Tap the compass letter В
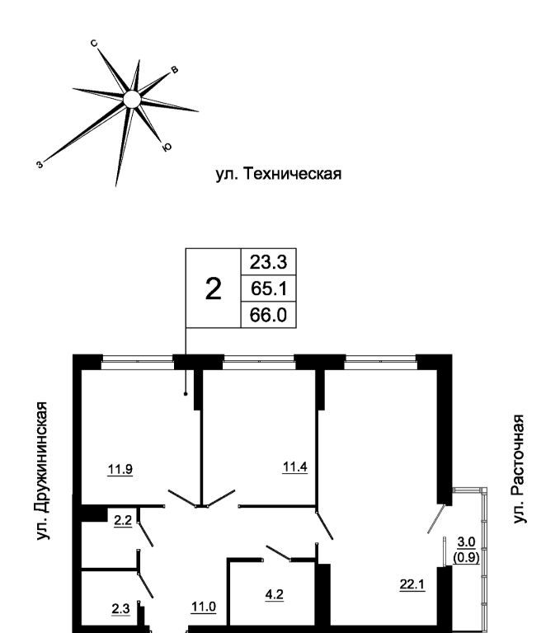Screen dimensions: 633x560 click(x=173, y=71)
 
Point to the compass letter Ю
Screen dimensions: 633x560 click(x=167, y=148)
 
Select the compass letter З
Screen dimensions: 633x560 click(x=39, y=164)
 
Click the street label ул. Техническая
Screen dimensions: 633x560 click(x=278, y=174)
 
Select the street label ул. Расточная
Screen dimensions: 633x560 click(x=518, y=468)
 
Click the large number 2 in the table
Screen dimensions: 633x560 click(x=213, y=288)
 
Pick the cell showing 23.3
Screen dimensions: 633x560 click(x=267, y=261)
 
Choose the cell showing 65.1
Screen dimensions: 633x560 click(x=267, y=288)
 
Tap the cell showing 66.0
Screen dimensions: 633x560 click(x=267, y=314)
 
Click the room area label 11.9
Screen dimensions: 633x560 click(x=120, y=470)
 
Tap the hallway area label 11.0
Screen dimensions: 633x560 click(x=203, y=607)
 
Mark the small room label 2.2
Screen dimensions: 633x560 click(x=123, y=520)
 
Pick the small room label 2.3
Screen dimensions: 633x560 click(x=120, y=609)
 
